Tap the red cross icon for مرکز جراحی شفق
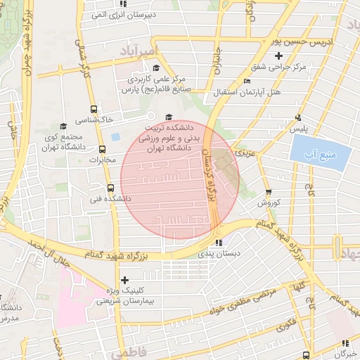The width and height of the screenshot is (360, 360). click(279, 56)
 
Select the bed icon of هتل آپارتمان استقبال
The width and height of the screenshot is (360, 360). click(245, 82)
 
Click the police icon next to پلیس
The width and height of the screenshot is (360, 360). click(299, 117)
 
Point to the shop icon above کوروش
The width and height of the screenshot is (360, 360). click(268, 192)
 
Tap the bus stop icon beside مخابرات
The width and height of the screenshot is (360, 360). click(103, 149)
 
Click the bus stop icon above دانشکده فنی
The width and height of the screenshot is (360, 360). click(110, 188)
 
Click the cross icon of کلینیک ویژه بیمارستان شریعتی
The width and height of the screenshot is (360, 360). click(124, 280)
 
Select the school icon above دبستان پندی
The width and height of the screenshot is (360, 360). click(219, 243)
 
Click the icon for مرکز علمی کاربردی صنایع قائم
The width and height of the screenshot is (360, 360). click(155, 67)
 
